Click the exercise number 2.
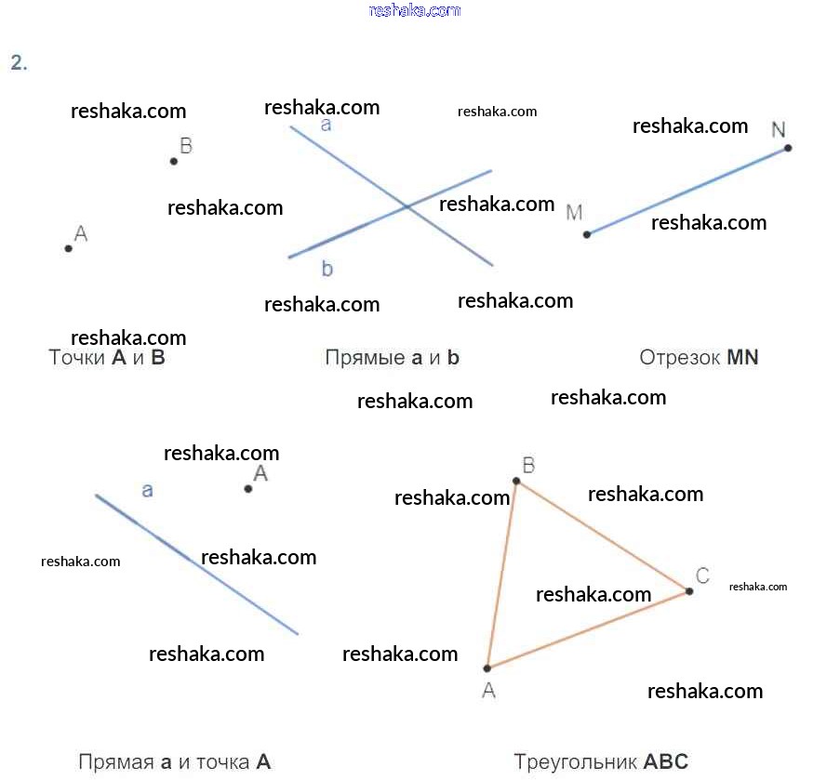tap(18, 63)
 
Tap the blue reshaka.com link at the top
tap(415, 10)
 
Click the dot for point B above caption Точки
tap(174, 161)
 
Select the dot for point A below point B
tap(68, 248)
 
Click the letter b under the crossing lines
tap(327, 270)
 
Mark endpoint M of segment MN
tap(586, 234)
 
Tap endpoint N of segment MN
tap(788, 148)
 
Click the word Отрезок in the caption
tap(679, 358)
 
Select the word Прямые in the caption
tap(364, 358)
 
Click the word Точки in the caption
tap(76, 358)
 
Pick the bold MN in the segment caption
tap(742, 358)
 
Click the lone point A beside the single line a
tap(248, 488)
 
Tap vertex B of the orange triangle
tap(516, 481)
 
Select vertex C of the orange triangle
tap(689, 591)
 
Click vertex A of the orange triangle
tap(487, 668)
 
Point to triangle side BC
tap(603, 536)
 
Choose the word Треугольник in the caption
tap(574, 762)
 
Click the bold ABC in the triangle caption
tap(666, 762)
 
